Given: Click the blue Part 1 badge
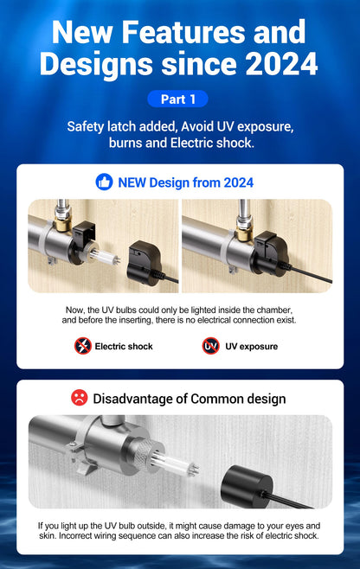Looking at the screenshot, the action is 177,99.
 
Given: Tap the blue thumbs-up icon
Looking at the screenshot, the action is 104,182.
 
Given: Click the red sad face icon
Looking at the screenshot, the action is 80,398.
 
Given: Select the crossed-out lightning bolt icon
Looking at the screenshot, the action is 83,346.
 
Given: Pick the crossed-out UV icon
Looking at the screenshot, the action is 210,346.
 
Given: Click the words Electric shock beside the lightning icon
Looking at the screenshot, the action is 124,347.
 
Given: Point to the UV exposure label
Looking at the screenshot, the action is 251,347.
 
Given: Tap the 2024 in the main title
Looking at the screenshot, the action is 281,64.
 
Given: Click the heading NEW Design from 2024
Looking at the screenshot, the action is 186,182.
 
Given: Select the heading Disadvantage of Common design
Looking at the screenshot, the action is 190,399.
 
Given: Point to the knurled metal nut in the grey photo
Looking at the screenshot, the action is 145,454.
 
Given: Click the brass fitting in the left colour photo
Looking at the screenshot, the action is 62,225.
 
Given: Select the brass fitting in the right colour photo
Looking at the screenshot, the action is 244,232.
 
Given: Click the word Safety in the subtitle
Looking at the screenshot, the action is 86,126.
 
